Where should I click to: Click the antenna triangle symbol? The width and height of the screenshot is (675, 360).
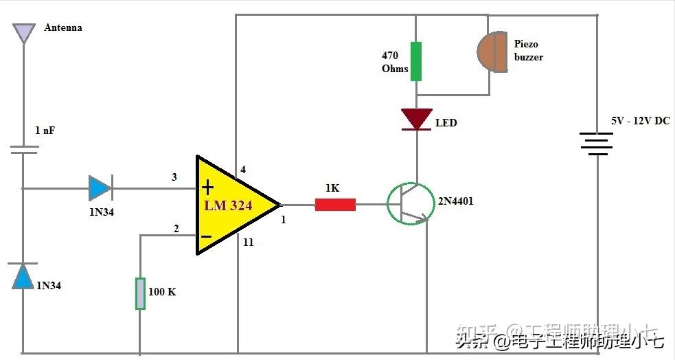click(24, 32)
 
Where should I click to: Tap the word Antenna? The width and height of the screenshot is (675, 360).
click(63, 28)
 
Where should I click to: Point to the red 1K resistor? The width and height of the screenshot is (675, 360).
click(335, 204)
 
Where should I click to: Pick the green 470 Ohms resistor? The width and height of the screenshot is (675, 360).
click(416, 61)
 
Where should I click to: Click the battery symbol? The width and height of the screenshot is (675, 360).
click(596, 144)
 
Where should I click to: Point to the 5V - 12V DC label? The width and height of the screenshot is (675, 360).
click(640, 121)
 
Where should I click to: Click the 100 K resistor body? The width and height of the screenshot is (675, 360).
click(140, 293)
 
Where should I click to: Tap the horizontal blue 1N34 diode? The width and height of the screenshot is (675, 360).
click(100, 188)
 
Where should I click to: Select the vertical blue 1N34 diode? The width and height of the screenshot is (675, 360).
click(24, 275)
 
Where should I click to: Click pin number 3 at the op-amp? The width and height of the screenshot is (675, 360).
click(174, 177)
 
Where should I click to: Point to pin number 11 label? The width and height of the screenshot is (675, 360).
click(248, 243)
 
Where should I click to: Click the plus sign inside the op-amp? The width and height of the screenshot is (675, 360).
click(208, 188)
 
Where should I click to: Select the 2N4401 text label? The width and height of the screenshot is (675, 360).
click(455, 201)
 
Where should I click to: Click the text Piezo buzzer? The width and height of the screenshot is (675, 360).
click(528, 50)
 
